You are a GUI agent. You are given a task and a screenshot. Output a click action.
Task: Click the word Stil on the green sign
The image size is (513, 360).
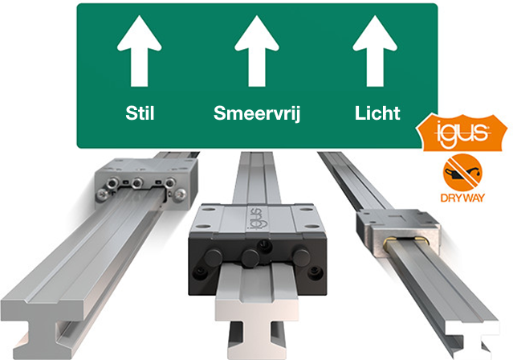[x=140, y=113]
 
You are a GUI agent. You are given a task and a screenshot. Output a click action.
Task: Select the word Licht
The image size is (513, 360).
[x=377, y=113]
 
